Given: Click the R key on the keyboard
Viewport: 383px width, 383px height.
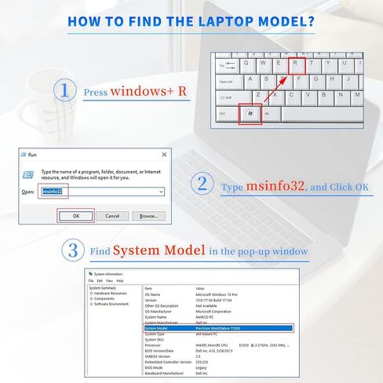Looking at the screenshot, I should (x=296, y=65).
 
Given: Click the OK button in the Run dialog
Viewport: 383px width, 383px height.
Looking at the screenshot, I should (x=76, y=216).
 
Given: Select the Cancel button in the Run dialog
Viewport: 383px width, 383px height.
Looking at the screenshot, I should (x=111, y=216).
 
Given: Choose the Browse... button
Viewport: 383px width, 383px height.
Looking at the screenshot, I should (x=148, y=216).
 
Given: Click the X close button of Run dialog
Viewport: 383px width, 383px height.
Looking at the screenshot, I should (x=163, y=155).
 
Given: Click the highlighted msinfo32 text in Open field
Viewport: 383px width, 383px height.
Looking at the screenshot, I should (x=52, y=191).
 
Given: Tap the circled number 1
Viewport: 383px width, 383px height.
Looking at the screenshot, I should (x=64, y=90).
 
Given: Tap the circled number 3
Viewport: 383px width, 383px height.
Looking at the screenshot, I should (x=73, y=250).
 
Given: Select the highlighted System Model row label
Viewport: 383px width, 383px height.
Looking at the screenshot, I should (x=158, y=328).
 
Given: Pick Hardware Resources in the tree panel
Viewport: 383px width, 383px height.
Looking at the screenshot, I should (x=112, y=293).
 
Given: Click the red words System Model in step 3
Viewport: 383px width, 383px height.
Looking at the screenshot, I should (x=159, y=250).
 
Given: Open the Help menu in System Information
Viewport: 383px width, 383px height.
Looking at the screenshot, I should (x=120, y=280).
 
